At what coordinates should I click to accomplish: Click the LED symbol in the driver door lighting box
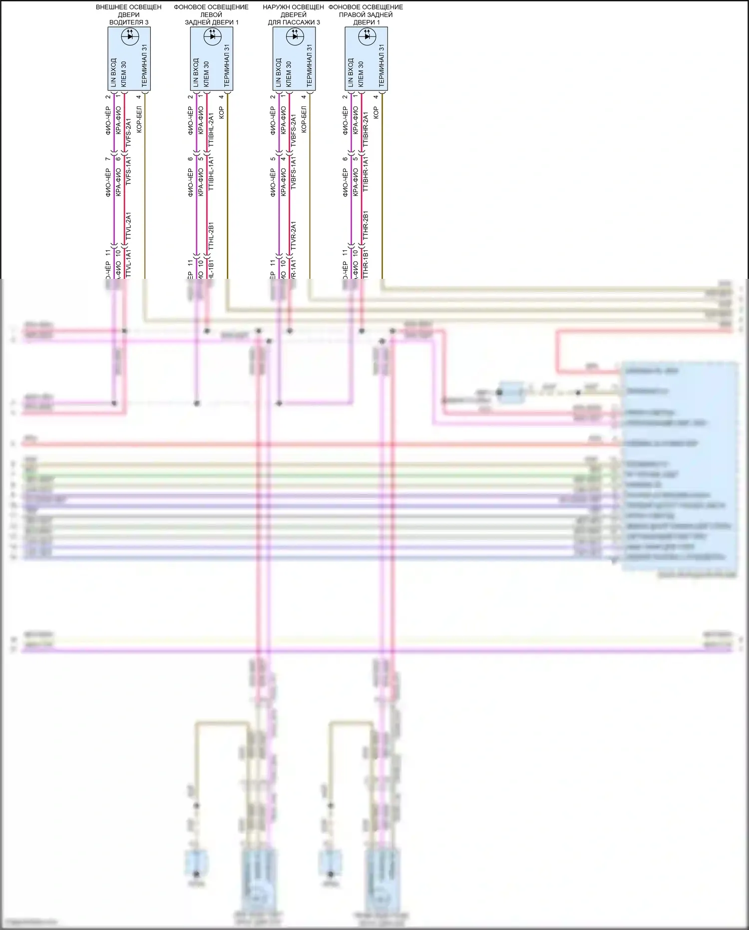[130, 35]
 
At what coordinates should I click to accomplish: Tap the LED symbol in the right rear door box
[367, 35]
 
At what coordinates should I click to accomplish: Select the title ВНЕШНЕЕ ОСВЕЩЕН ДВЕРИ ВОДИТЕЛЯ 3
[129, 14]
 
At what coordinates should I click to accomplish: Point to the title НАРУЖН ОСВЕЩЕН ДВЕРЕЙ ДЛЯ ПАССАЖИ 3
[293, 14]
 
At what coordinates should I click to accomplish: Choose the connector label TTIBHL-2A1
[211, 129]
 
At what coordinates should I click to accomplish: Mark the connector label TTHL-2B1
[211, 236]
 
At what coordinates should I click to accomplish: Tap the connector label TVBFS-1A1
[293, 172]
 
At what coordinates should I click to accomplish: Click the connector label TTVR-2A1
[293, 235]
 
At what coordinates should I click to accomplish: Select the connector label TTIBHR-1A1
[366, 173]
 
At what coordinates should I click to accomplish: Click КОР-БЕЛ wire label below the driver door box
[139, 119]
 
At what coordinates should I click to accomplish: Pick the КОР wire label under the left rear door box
[222, 112]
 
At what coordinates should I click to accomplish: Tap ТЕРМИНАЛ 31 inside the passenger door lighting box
[309, 65]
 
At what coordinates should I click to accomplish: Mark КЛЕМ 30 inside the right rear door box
[361, 74]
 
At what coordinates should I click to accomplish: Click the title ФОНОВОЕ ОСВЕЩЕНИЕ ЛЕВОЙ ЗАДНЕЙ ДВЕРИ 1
[211, 14]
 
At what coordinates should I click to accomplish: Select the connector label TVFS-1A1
[128, 171]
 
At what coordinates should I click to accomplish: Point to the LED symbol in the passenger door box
[295, 35]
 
